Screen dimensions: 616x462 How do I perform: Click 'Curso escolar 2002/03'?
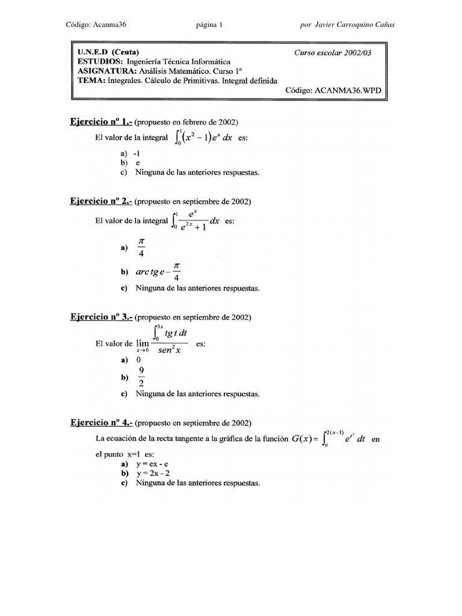[x=333, y=52]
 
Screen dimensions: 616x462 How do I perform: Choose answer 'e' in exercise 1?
[x=138, y=162]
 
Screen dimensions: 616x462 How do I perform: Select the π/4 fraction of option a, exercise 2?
[x=142, y=248]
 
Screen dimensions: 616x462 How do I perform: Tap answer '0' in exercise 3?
[x=138, y=360]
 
